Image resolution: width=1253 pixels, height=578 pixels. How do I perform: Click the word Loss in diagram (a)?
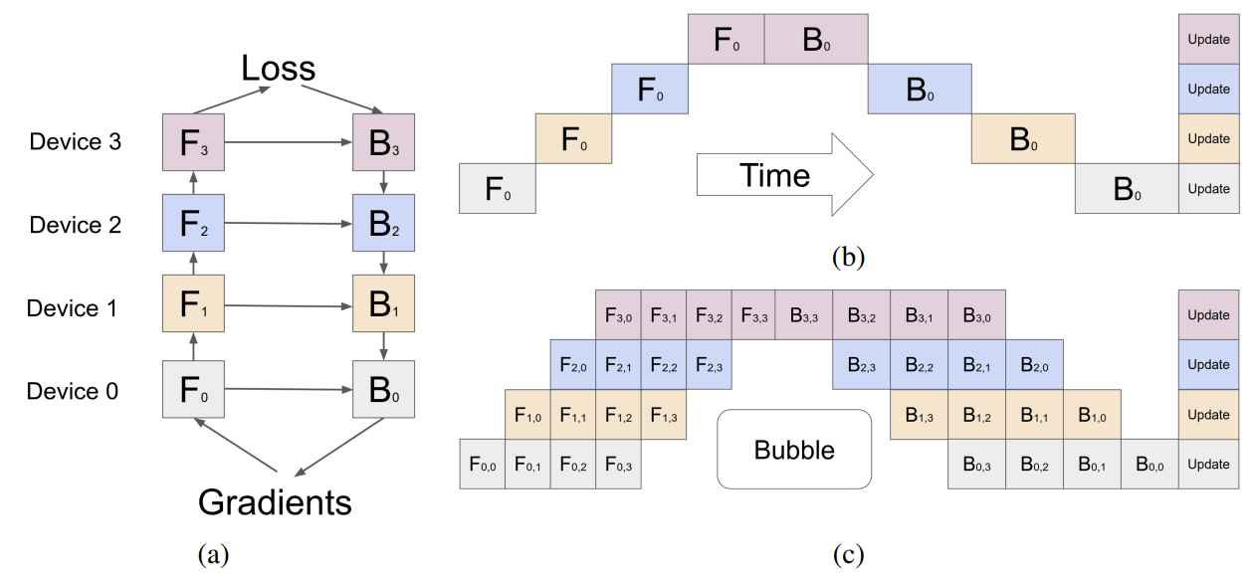(278, 69)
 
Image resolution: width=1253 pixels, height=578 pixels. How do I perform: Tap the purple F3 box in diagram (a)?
(192, 141)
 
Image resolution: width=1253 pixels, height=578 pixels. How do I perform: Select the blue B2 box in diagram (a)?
(383, 224)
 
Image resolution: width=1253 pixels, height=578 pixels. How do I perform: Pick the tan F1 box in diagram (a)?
(192, 307)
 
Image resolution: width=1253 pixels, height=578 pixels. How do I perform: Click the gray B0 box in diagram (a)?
(383, 390)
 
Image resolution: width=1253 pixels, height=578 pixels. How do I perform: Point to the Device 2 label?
(76, 225)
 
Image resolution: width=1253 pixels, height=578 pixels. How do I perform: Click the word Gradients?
(276, 502)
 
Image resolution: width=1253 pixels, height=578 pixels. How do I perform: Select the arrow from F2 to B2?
(288, 225)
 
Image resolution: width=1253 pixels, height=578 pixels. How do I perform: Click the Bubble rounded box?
(794, 450)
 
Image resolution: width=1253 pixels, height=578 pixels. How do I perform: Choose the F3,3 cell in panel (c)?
(753, 314)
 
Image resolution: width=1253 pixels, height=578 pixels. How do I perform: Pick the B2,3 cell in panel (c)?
(861, 364)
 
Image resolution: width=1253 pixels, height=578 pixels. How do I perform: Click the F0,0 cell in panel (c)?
(482, 464)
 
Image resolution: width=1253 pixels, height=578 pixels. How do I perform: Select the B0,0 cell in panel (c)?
(1149, 464)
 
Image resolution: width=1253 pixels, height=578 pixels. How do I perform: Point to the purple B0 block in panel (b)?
(816, 40)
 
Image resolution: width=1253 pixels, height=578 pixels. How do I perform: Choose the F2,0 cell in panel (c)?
(573, 364)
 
